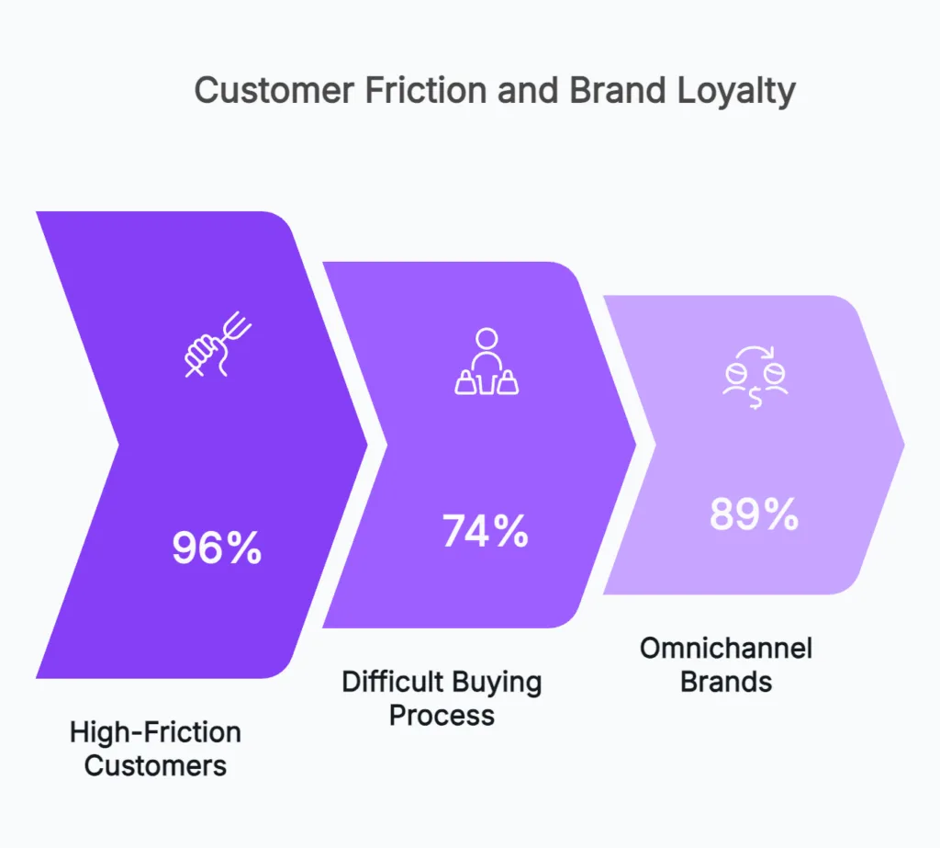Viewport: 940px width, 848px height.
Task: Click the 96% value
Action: point(218,548)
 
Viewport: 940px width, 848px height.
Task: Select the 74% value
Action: point(486,531)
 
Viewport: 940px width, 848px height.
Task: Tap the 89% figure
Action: point(754,514)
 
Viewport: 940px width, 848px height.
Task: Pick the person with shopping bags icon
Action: point(487,362)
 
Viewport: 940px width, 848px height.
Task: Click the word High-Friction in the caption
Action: point(156,732)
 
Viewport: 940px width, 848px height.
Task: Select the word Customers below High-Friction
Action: point(156,764)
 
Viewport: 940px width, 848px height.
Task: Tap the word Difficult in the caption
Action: point(390,683)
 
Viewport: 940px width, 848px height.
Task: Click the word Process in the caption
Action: point(442,715)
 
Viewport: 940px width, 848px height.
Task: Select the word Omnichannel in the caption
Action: point(726,649)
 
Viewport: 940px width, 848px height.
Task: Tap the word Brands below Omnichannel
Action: point(726,682)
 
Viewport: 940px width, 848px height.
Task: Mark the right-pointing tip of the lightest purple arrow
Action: point(904,445)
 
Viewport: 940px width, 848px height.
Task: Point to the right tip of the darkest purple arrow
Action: point(367,445)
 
